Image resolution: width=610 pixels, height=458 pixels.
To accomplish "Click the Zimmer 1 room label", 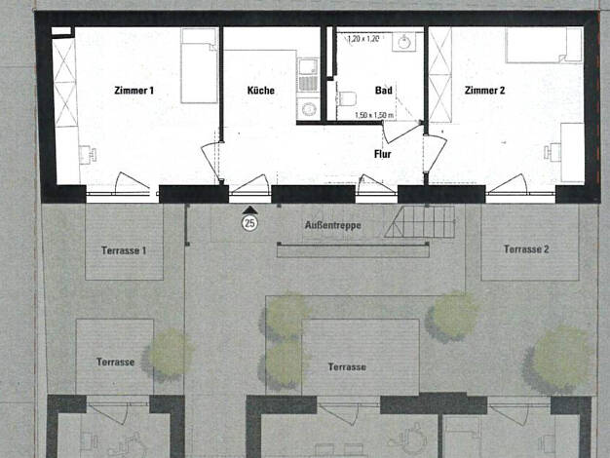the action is click(x=133, y=91).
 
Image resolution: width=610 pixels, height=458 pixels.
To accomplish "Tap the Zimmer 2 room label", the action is click(x=484, y=91).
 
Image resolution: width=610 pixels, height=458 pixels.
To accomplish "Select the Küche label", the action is click(x=260, y=91).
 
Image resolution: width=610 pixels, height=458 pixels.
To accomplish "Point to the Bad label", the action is click(x=384, y=91).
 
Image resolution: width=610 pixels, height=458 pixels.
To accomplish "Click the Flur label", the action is click(x=382, y=154).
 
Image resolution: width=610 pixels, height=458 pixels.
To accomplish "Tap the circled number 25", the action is click(x=249, y=223).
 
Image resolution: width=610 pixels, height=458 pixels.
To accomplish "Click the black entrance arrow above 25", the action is click(x=249, y=210).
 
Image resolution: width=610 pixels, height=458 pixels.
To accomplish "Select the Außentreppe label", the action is click(x=332, y=225).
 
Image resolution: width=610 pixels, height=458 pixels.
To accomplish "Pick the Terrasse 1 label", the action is click(x=124, y=250).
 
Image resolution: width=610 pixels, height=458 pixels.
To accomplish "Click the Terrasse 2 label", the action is click(x=526, y=249).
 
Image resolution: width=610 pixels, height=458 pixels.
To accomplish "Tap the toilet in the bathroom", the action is click(x=348, y=98).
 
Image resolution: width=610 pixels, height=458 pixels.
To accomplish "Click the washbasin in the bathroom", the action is click(x=403, y=42).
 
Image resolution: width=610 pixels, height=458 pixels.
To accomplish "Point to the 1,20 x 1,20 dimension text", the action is click(x=362, y=39).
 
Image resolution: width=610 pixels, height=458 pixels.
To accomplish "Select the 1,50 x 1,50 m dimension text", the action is click(x=374, y=116).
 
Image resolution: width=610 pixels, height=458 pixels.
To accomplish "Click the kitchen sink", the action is click(x=308, y=67).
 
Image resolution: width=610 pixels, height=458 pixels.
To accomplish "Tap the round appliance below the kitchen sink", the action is click(x=308, y=108).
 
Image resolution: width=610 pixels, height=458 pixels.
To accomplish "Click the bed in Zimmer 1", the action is click(x=199, y=65).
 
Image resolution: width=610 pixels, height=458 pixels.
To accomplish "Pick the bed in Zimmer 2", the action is click(x=545, y=45).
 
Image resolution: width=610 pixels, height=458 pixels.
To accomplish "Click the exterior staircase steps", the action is click(x=419, y=222).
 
